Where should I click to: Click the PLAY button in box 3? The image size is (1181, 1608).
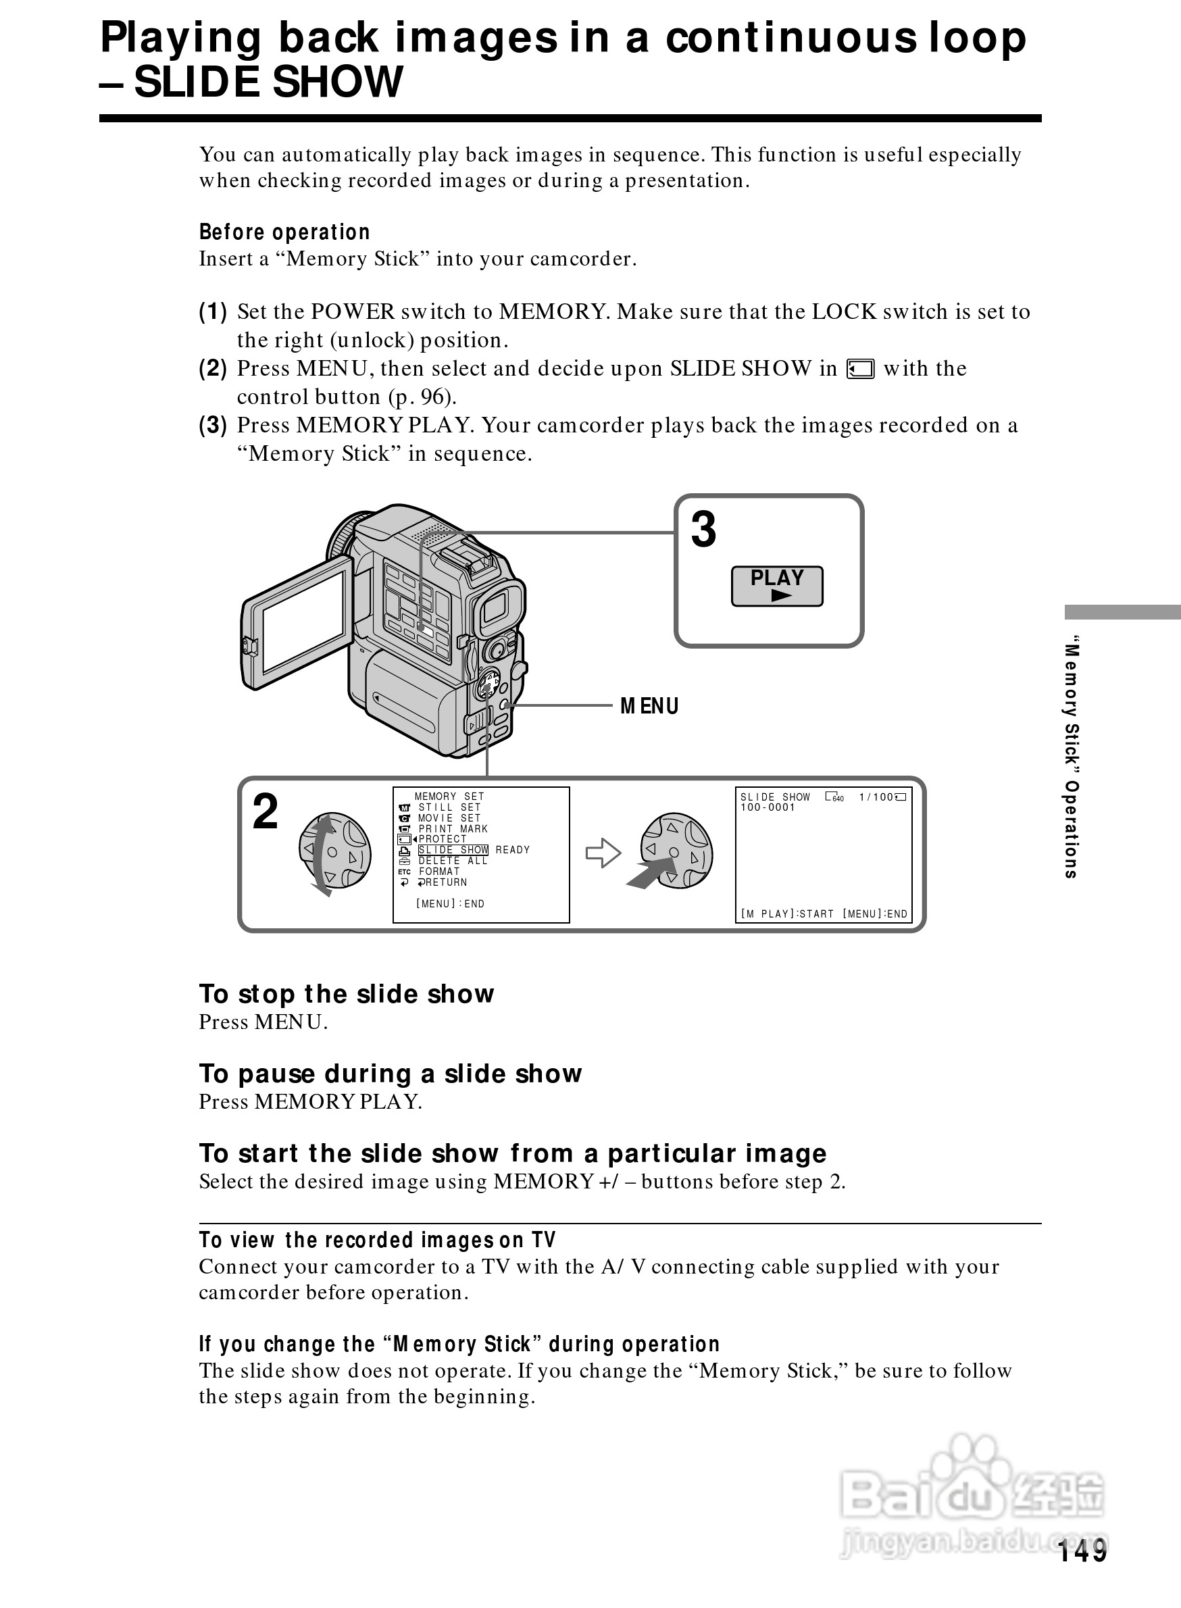776,586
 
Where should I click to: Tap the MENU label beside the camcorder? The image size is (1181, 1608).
649,707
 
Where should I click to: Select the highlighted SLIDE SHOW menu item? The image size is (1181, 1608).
453,850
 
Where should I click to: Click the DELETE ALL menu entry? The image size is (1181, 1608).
453,861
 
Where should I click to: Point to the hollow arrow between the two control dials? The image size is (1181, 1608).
603,852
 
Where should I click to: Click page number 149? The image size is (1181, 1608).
1082,1551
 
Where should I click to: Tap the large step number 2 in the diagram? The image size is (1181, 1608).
266,813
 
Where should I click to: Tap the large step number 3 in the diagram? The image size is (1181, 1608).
703,530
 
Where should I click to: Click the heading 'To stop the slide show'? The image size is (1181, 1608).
347,994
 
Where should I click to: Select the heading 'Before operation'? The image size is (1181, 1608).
284,232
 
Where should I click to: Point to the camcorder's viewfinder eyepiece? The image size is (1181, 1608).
495,608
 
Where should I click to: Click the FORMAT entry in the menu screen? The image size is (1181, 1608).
439,872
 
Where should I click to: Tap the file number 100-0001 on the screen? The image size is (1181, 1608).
768,807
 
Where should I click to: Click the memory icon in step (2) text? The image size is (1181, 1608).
860,369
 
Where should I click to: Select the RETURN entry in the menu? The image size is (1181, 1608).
443,882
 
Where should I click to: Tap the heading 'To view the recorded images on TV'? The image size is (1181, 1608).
378,1240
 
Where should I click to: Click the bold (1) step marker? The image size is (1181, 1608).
213,311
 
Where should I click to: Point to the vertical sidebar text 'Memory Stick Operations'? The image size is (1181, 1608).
1071,757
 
